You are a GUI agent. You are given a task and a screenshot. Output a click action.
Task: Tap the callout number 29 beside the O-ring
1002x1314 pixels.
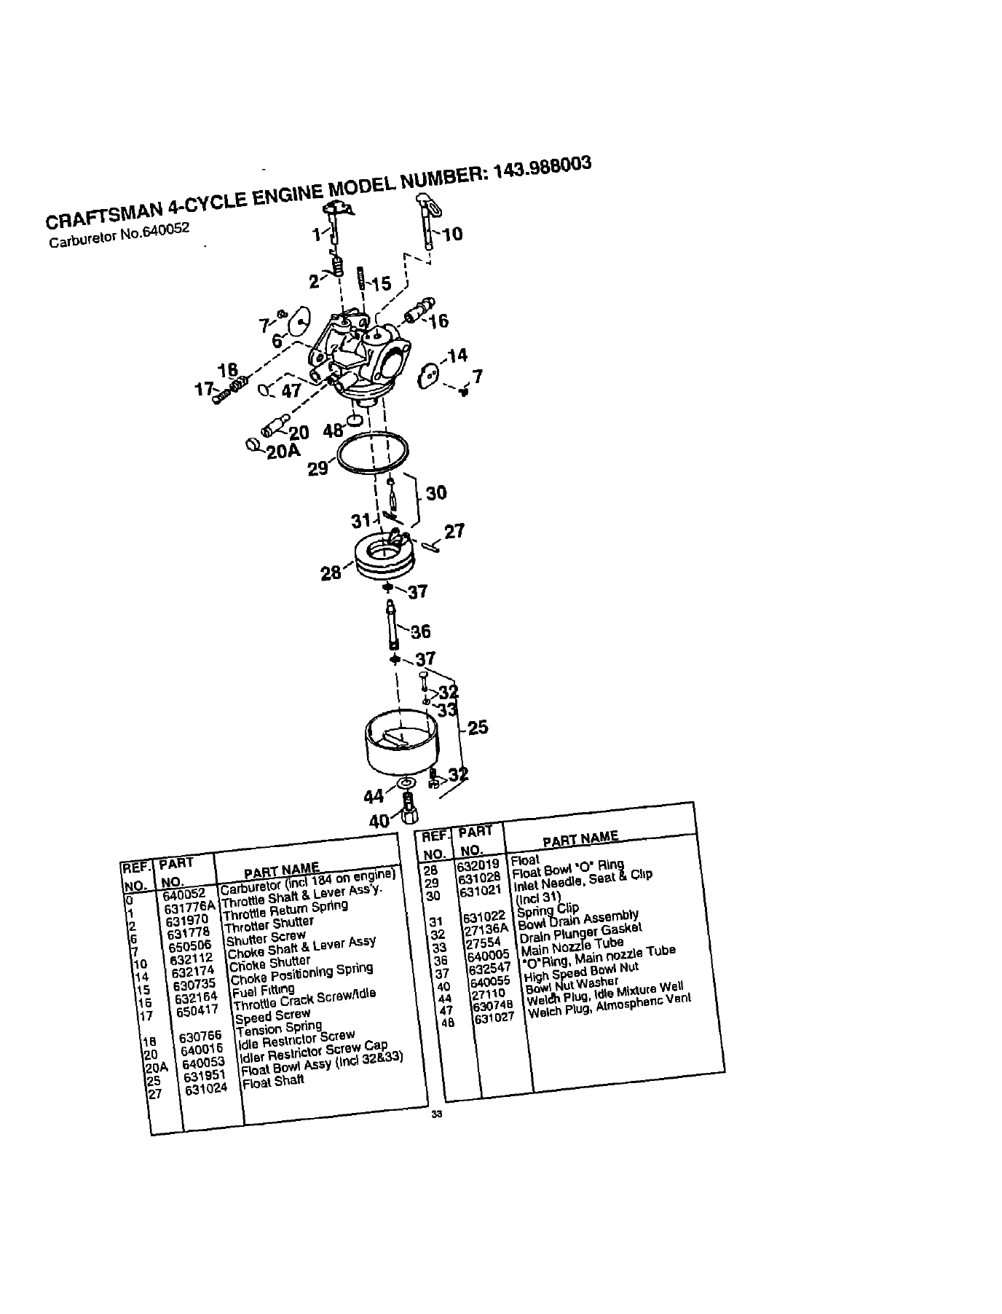(x=318, y=468)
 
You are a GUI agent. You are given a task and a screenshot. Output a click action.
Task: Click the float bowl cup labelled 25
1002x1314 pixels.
(x=400, y=745)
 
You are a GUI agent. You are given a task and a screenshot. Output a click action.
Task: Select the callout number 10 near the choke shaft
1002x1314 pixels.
(x=451, y=234)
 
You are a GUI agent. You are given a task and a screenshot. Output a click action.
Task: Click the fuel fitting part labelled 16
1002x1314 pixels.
(x=418, y=311)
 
